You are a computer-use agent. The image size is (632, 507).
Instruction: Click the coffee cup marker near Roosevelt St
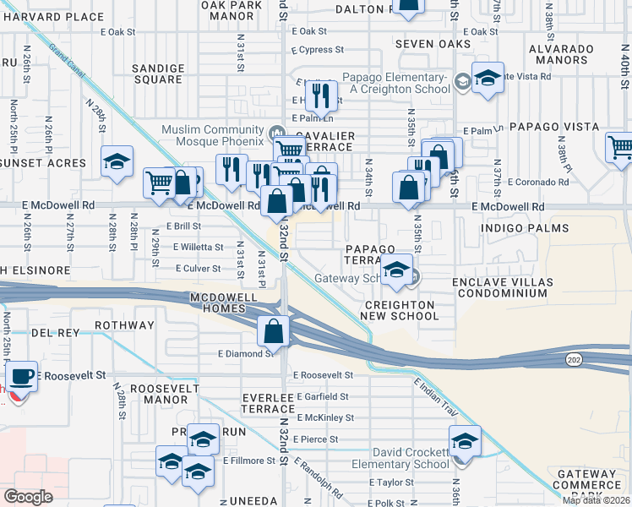(x=22, y=375)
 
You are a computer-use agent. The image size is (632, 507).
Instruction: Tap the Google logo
(x=29, y=497)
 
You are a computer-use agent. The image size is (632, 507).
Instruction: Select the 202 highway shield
(x=572, y=360)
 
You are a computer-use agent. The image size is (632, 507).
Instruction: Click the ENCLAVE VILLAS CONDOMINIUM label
(x=501, y=287)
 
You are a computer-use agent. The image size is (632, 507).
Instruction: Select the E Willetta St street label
(x=198, y=248)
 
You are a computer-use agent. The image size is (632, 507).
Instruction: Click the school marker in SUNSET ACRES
(x=117, y=162)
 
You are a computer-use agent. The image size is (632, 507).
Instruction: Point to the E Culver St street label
(x=197, y=269)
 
